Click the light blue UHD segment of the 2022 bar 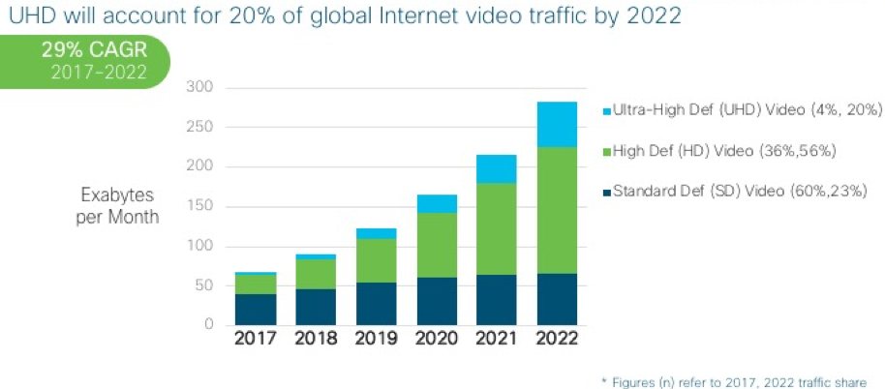click(557, 124)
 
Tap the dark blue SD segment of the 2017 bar click(255, 309)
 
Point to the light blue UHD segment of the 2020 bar click(436, 203)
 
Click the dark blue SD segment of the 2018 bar click(315, 306)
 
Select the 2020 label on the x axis click(436, 339)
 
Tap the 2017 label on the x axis click(255, 339)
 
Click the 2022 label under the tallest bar click(557, 339)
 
